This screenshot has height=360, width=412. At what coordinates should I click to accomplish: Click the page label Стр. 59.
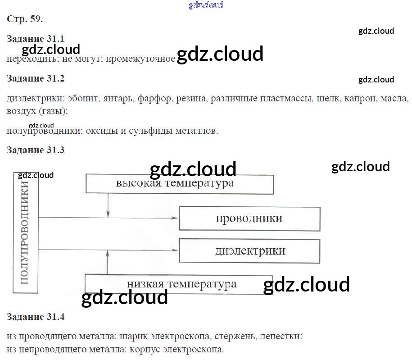click(x=25, y=19)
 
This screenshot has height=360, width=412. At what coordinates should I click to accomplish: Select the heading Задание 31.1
click(x=36, y=39)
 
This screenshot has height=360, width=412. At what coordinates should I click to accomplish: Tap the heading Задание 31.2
click(x=36, y=78)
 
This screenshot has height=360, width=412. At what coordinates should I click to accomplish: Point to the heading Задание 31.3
click(x=36, y=150)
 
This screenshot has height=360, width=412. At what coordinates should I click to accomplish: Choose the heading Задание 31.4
click(x=36, y=317)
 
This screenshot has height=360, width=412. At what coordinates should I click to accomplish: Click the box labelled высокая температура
click(x=179, y=184)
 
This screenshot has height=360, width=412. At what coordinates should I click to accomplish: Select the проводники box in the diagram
click(x=249, y=219)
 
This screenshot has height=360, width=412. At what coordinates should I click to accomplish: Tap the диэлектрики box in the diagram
click(x=249, y=251)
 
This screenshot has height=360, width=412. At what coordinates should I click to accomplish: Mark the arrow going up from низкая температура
click(x=107, y=264)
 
